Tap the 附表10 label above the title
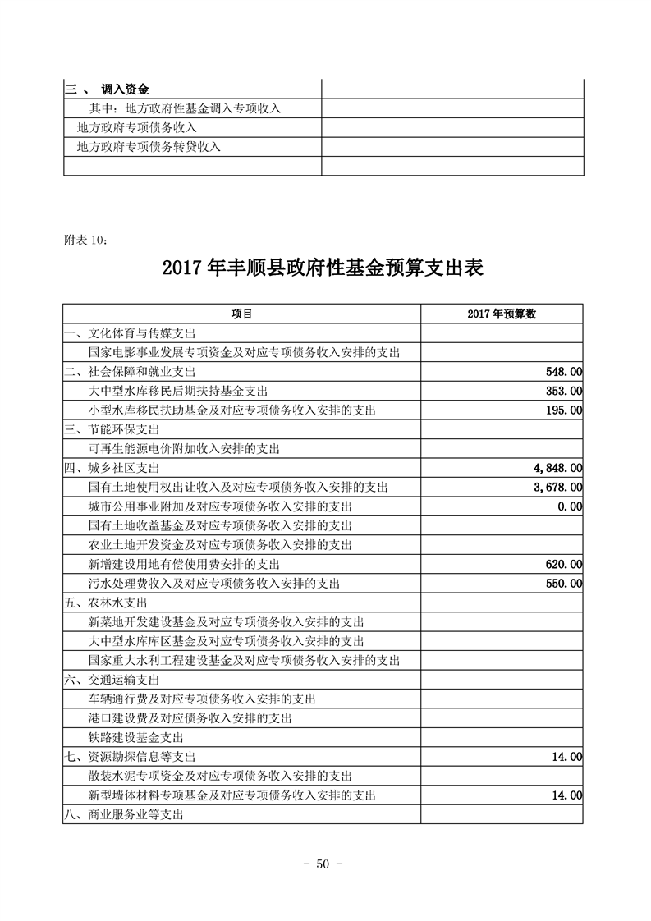pos(85,240)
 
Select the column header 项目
pos(241,314)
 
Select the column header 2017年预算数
pos(502,314)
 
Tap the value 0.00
pos(569,506)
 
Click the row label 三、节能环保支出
pos(112,429)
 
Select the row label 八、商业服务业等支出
pos(123,814)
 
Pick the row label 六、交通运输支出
pos(112,680)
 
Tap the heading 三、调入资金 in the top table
pos(108,89)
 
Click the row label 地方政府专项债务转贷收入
pos(149,147)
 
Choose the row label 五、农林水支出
pos(106,603)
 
